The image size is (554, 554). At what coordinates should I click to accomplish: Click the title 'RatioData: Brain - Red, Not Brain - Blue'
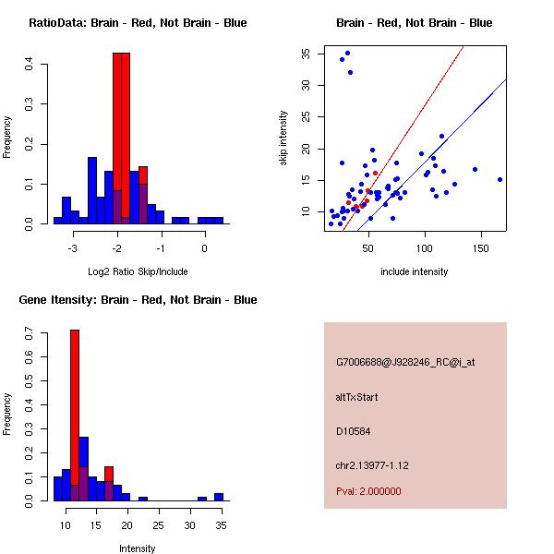pyautogui.click(x=138, y=23)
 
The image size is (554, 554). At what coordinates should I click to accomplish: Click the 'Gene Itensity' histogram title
pyautogui.click(x=138, y=300)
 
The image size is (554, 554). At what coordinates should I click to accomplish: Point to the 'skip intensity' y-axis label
pyautogui.click(x=284, y=138)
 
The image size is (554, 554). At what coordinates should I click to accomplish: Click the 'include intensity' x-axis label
pyautogui.click(x=415, y=271)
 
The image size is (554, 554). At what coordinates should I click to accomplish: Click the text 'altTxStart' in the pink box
pyautogui.click(x=357, y=397)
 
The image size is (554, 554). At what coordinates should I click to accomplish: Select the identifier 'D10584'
pyautogui.click(x=353, y=430)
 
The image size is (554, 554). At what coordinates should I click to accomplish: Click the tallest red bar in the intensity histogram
pyautogui.click(x=75, y=415)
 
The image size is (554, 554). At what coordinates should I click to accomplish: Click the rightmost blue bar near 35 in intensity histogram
pyautogui.click(x=219, y=497)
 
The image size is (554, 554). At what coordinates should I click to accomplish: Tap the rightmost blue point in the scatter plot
pyautogui.click(x=500, y=180)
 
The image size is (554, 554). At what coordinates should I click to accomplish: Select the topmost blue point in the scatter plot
pyautogui.click(x=347, y=53)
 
